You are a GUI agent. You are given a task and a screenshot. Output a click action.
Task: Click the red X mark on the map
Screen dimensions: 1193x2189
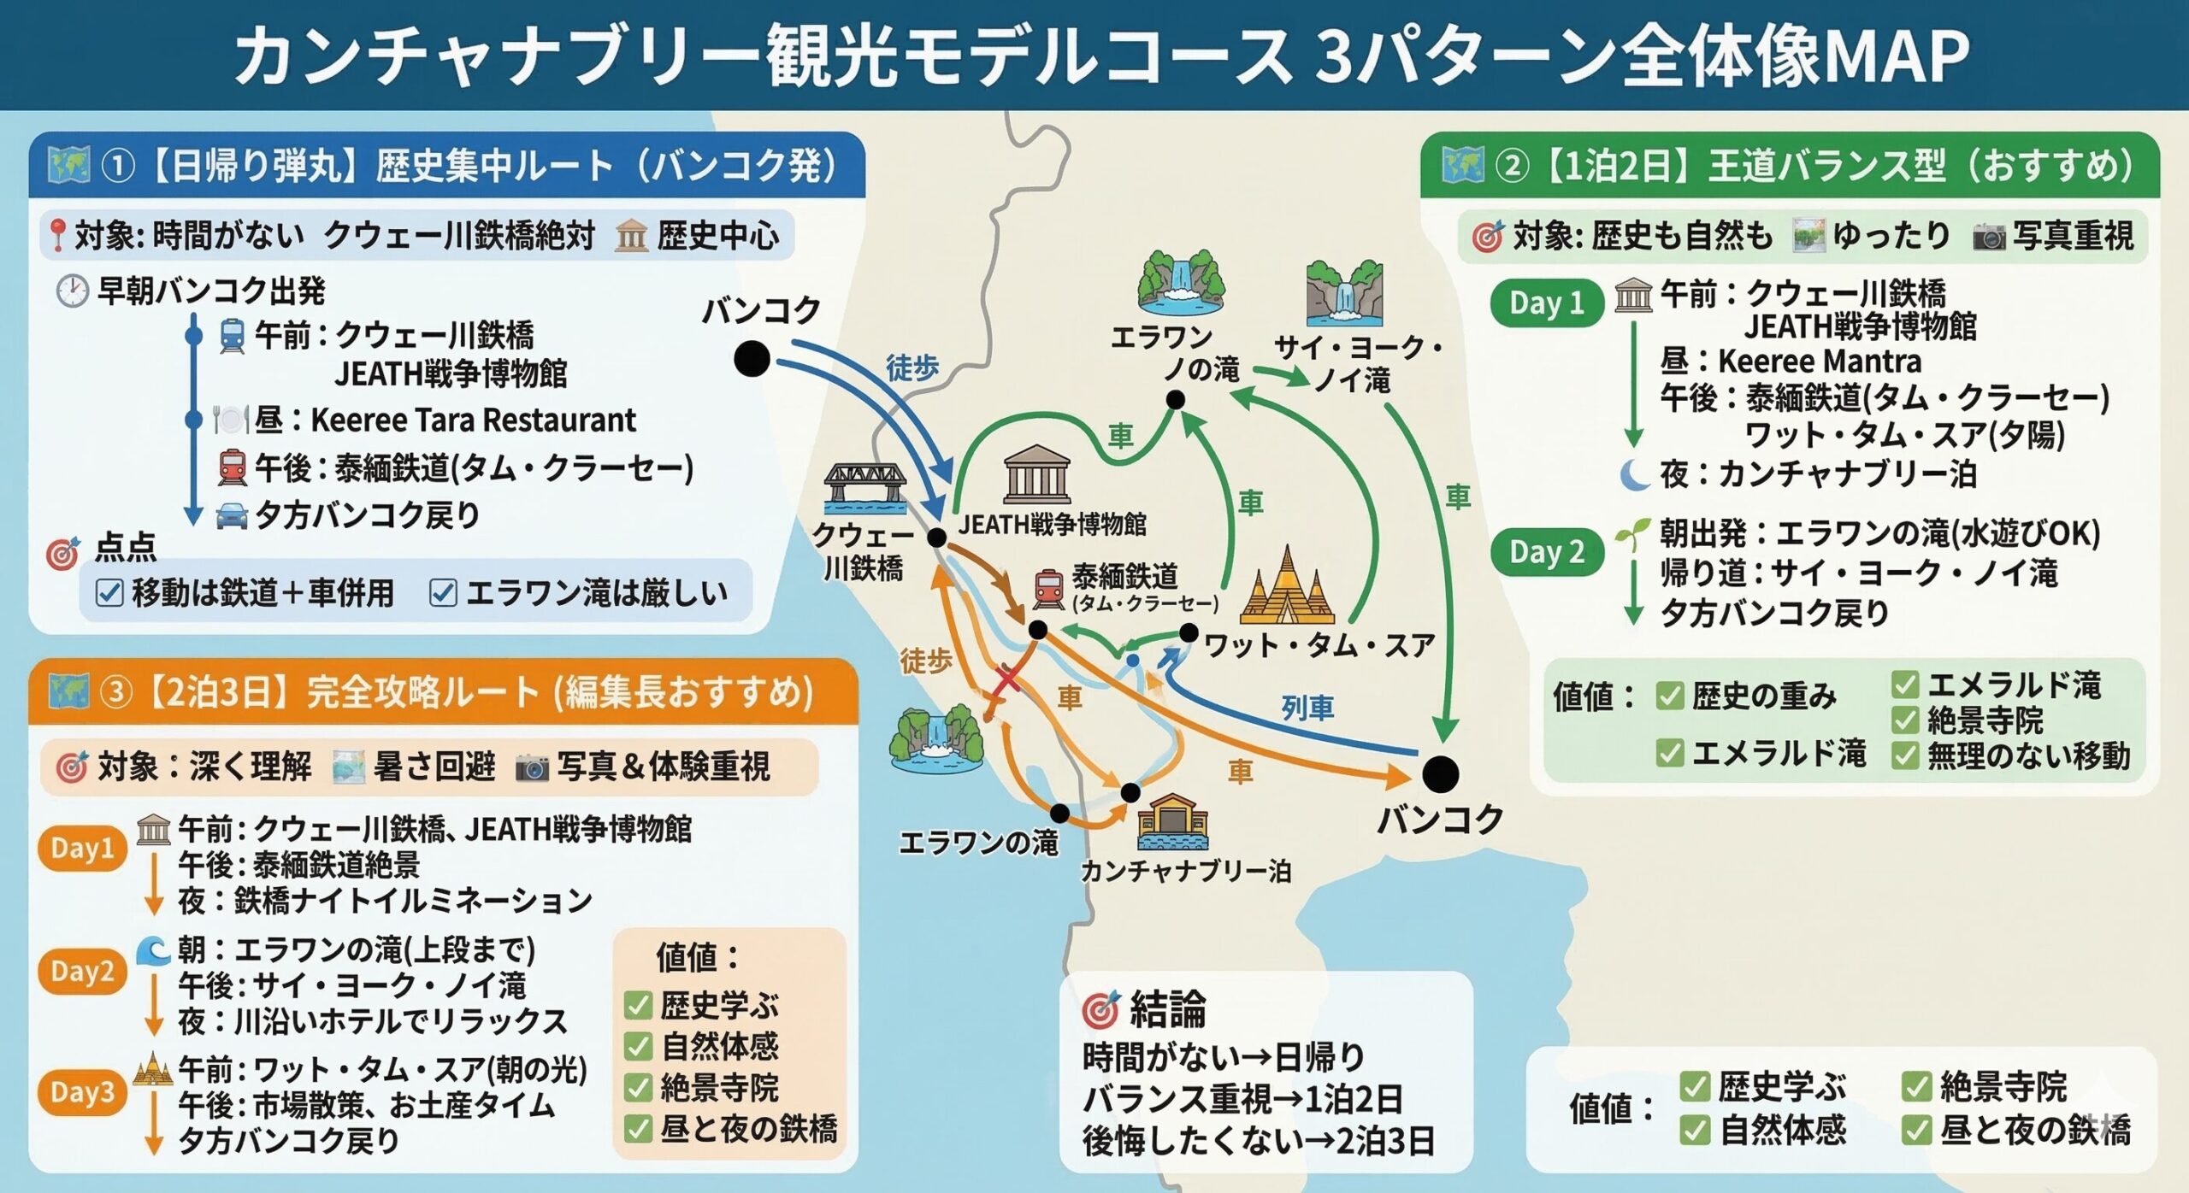1007,679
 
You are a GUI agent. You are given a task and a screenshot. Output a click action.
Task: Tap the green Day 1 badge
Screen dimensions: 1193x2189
1546,303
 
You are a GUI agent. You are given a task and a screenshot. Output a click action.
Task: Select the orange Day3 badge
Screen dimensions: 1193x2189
82,1092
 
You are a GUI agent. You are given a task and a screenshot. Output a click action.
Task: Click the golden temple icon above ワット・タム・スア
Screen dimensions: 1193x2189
1286,587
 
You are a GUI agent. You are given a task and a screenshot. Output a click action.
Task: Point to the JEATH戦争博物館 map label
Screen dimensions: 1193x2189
1052,524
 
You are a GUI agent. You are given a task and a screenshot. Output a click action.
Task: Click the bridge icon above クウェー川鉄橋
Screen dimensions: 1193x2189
865,487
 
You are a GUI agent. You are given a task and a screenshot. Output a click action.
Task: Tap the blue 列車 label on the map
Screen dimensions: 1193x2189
1307,708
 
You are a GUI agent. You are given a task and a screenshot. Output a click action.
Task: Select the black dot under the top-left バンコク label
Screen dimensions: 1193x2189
752,359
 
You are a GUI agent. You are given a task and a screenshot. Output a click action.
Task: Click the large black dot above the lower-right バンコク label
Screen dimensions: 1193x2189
1440,773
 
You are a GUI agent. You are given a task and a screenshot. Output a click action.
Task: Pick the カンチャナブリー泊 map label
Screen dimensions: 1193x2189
1185,871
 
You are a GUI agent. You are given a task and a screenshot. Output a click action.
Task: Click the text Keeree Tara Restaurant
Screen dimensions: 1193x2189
473,420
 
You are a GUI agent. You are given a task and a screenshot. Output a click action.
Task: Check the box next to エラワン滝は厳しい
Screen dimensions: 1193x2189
443,592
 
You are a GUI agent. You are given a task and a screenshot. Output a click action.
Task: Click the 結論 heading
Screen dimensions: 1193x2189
1167,1009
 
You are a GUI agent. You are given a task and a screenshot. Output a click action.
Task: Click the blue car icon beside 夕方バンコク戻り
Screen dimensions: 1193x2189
232,516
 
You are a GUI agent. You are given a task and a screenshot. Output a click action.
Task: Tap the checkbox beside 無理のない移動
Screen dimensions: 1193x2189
1905,756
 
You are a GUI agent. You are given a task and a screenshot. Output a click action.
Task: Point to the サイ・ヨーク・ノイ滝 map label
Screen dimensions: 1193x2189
1358,363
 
